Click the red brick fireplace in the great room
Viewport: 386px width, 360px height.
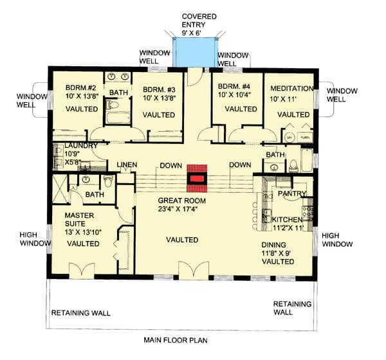click(x=197, y=179)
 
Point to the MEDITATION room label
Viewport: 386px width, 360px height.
click(x=291, y=88)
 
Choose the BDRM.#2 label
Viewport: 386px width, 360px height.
click(x=80, y=88)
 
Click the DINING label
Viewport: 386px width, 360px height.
click(x=277, y=245)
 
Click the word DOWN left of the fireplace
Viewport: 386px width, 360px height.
click(x=170, y=165)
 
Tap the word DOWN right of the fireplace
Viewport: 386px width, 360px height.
click(x=239, y=165)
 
